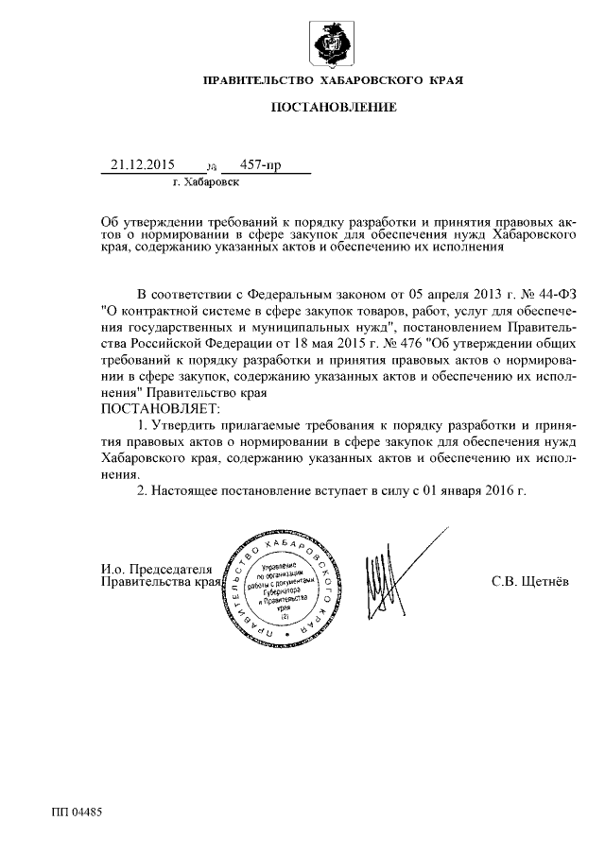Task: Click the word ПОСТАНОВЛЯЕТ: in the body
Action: [x=159, y=408]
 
